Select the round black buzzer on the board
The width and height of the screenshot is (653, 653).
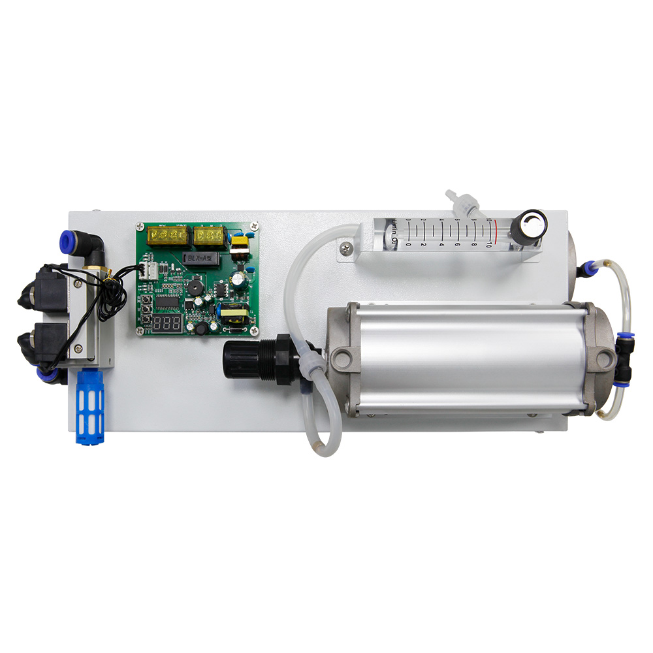point(193,289)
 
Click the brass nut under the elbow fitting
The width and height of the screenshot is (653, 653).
point(96,270)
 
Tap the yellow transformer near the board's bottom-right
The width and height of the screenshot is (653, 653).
point(235,317)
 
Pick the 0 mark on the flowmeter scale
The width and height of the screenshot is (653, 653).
point(409,244)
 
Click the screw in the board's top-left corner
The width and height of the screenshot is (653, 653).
point(140,227)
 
